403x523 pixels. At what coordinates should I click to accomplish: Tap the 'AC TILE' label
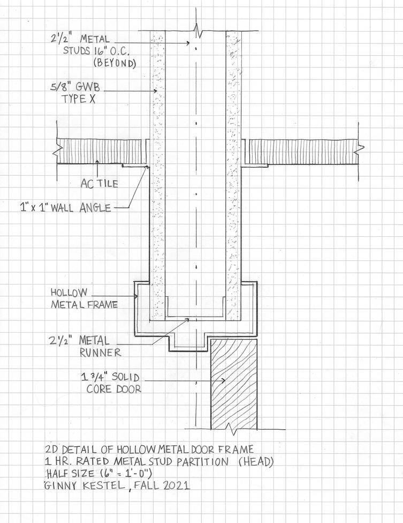tap(99, 183)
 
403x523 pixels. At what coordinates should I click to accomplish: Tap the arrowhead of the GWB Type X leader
tap(156, 91)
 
